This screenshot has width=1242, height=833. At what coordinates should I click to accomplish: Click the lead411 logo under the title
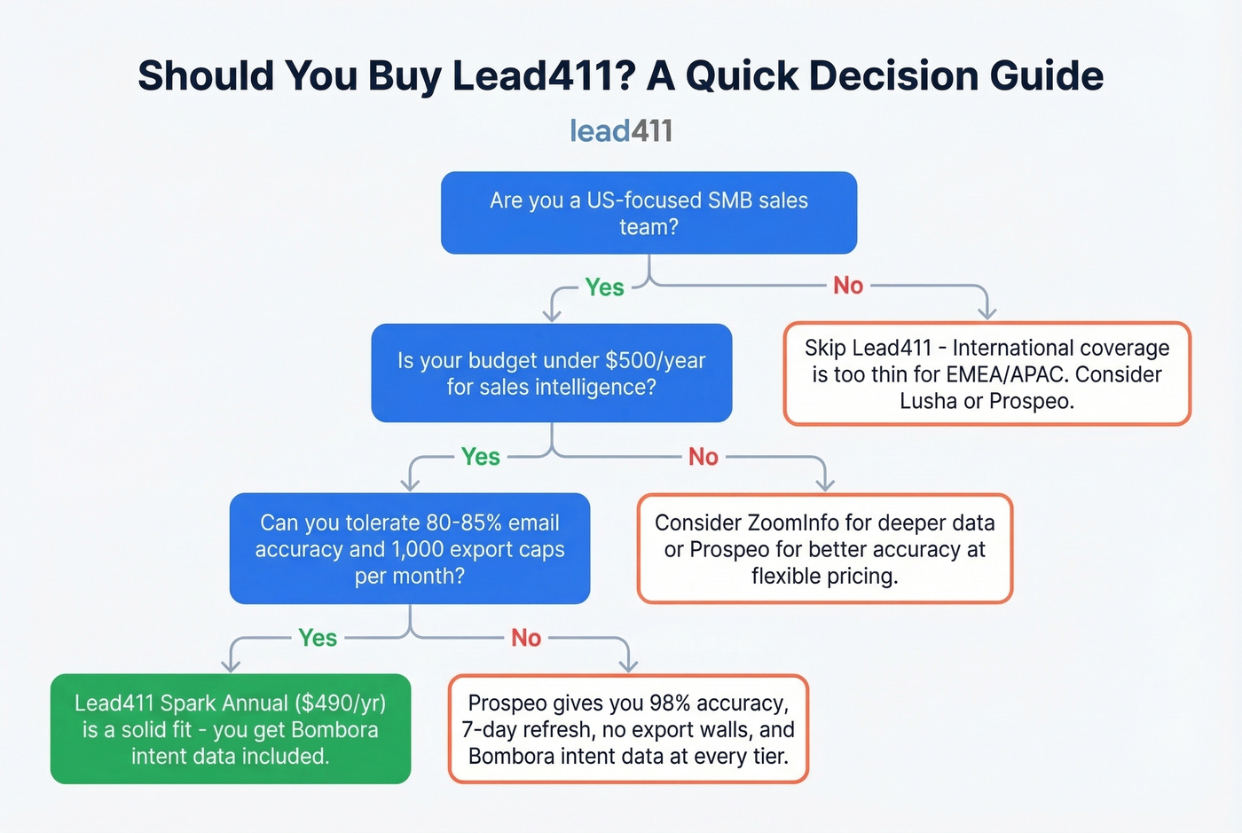pos(621,131)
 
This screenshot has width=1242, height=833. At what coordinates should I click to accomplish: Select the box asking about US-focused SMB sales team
pos(649,213)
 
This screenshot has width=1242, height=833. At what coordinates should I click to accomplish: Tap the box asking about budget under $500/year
pos(551,373)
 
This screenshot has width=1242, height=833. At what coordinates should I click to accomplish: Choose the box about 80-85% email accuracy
pos(409,548)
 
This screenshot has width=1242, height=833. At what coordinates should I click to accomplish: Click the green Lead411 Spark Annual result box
pos(230,729)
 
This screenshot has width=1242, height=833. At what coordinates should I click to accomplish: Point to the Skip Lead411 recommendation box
pos(987,373)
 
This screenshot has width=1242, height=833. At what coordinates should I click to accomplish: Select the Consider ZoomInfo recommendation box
pos(824,548)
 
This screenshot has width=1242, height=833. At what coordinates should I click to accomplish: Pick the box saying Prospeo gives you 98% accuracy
pos(628,729)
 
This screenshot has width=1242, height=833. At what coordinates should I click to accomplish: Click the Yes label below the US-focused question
pos(604,287)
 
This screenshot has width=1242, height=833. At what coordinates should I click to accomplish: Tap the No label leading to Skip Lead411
pos(848,286)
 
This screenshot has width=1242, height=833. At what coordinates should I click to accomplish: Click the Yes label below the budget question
pos(481,457)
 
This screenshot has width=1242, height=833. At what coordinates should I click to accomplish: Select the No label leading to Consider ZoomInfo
pos(704,457)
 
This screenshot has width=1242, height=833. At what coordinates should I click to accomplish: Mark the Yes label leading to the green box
pos(318,638)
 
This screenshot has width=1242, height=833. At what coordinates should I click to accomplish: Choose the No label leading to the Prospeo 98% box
pos(526,638)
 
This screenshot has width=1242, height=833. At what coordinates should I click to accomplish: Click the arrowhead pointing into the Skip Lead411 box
pos(987,313)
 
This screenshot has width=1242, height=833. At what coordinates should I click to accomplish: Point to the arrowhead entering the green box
pos(231,665)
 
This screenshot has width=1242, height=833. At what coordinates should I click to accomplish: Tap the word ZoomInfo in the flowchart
pos(803,523)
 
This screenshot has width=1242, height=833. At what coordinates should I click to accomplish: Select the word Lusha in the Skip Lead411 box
pos(929,401)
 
